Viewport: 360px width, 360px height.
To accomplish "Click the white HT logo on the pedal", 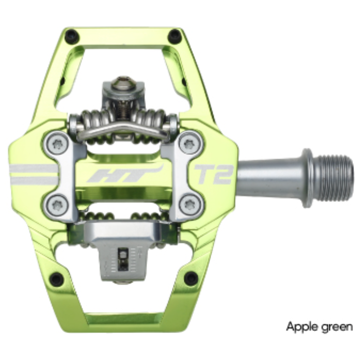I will pos(124,175).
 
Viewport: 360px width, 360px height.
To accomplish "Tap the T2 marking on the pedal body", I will pos(215,174).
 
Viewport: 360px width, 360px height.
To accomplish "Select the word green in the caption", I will pos(336,327).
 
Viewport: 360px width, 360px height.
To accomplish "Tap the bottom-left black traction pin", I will pos(57,279).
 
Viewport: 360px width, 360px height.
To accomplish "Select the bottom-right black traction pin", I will pos(191,279).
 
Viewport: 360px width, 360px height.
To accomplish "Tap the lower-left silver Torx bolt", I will pos(57,204).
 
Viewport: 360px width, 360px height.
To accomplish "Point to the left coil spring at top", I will pos(92,118).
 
